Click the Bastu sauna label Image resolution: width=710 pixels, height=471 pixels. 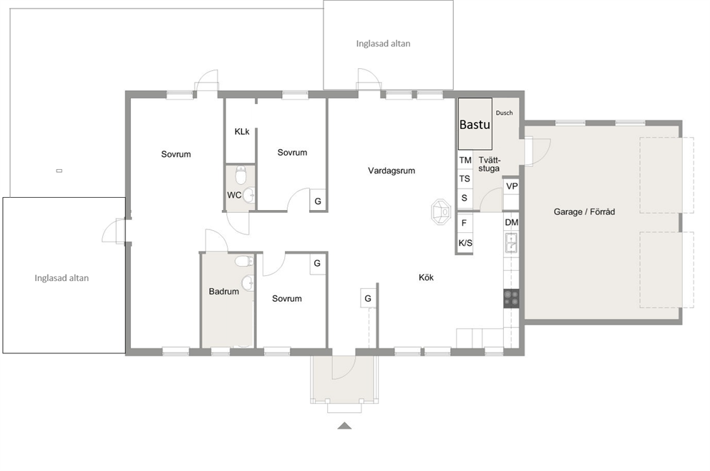point(475,124)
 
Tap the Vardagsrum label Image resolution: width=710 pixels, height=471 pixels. point(392,171)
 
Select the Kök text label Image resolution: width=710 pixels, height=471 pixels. point(426,277)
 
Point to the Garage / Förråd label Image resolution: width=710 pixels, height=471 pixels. point(584,211)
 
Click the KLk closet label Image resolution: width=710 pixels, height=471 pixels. point(242,132)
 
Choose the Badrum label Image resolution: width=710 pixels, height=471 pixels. point(224,291)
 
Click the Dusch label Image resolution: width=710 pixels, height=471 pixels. point(504,113)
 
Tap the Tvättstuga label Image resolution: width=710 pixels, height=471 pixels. point(490,163)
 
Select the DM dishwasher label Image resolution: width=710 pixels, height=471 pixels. point(512,222)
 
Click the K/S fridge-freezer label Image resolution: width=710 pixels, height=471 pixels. point(465,243)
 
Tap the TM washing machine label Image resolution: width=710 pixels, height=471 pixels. point(465,160)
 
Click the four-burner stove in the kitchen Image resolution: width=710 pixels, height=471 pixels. point(512,298)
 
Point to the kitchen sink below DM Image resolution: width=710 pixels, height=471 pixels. point(512,242)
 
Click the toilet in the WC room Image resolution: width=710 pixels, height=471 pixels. point(241,175)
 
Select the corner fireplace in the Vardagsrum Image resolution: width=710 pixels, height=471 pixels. point(441,212)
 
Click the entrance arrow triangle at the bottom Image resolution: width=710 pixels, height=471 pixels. point(344,426)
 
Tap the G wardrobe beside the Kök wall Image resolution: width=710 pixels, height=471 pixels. point(368,298)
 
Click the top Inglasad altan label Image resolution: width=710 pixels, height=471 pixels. point(383,44)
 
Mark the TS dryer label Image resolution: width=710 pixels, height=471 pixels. point(465,179)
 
